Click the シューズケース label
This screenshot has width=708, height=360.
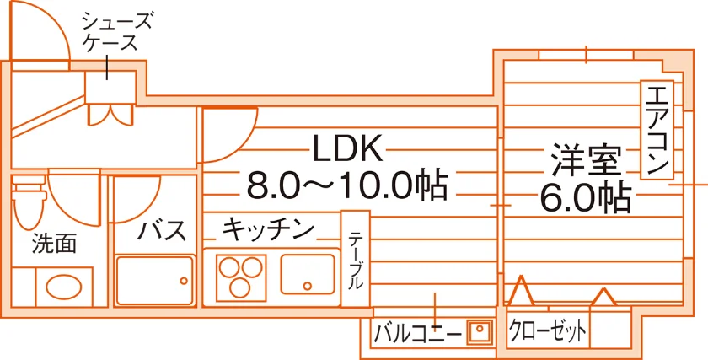tap(116, 32)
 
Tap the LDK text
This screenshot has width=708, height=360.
tap(348, 148)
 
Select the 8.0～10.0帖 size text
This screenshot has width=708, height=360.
tap(347, 185)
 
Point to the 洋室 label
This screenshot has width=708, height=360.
tap(586, 161)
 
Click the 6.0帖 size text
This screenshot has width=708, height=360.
tap(586, 197)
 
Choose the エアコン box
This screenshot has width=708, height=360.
tap(657, 131)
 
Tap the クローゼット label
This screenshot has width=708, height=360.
tap(548, 332)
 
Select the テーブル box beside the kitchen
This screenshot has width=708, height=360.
tap(356, 259)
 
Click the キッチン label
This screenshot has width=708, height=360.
tap(268, 229)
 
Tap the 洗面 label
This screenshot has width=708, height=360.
tap(54, 244)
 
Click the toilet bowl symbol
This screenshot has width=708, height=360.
tap(29, 203)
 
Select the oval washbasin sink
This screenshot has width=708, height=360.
tap(64, 287)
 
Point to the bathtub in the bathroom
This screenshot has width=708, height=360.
tap(154, 280)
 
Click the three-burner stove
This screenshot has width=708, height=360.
tap(241, 277)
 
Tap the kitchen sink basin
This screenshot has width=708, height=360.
tap(308, 275)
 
